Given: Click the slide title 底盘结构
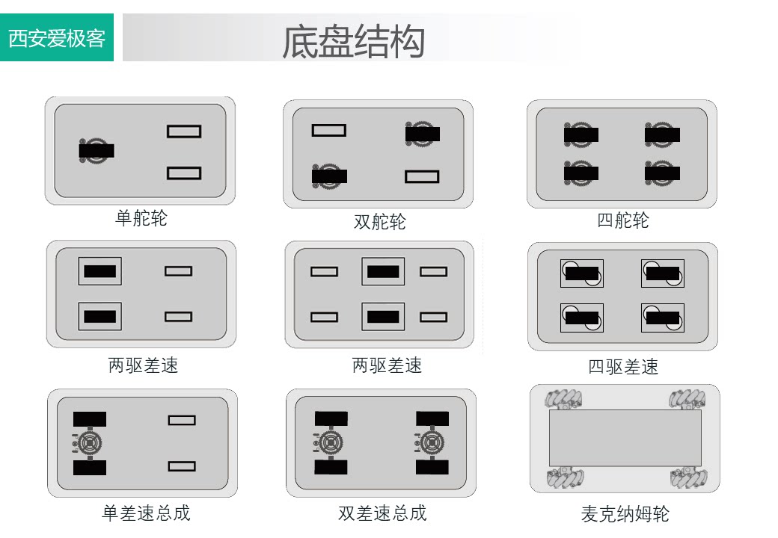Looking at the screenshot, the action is coord(353,42).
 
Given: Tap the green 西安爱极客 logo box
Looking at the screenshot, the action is coord(57,37).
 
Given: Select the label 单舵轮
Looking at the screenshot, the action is coord(141,218).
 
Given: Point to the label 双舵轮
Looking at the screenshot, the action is coord(380,222).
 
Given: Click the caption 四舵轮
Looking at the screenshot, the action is coord(623,220).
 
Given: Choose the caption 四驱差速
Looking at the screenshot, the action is coord(623,367).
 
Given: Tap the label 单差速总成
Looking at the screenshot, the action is coord(146,513).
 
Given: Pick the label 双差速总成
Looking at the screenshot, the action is coord(382,513).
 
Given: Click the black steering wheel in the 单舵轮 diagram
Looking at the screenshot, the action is coord(96,149).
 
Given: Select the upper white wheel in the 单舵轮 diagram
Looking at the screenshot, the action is coord(184,132).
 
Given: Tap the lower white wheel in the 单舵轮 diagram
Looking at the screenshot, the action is coord(184,173).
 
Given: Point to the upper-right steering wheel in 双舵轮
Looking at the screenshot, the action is coord(423,134).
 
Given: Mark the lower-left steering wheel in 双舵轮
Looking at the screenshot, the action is coord(329,176).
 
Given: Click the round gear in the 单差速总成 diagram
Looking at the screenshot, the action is coord(90,443).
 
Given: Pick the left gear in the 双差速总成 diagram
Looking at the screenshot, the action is coord(331,443).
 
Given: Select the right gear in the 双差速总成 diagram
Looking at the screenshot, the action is coord(432,443).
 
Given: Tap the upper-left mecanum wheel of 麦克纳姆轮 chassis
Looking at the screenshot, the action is coord(561,399).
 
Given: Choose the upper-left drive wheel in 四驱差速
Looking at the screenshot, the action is coord(581,273).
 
